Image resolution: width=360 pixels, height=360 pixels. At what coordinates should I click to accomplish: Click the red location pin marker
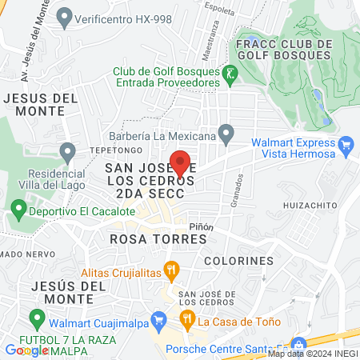pyautogui.click(x=181, y=162)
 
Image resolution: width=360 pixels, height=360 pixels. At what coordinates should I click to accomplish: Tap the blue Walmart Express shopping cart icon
pyautogui.click(x=346, y=146)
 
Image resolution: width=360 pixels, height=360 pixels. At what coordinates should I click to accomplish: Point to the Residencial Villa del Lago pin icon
pyautogui.click(x=67, y=151)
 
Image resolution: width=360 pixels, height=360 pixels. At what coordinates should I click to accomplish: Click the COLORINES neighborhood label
pyautogui.click(x=238, y=261)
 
